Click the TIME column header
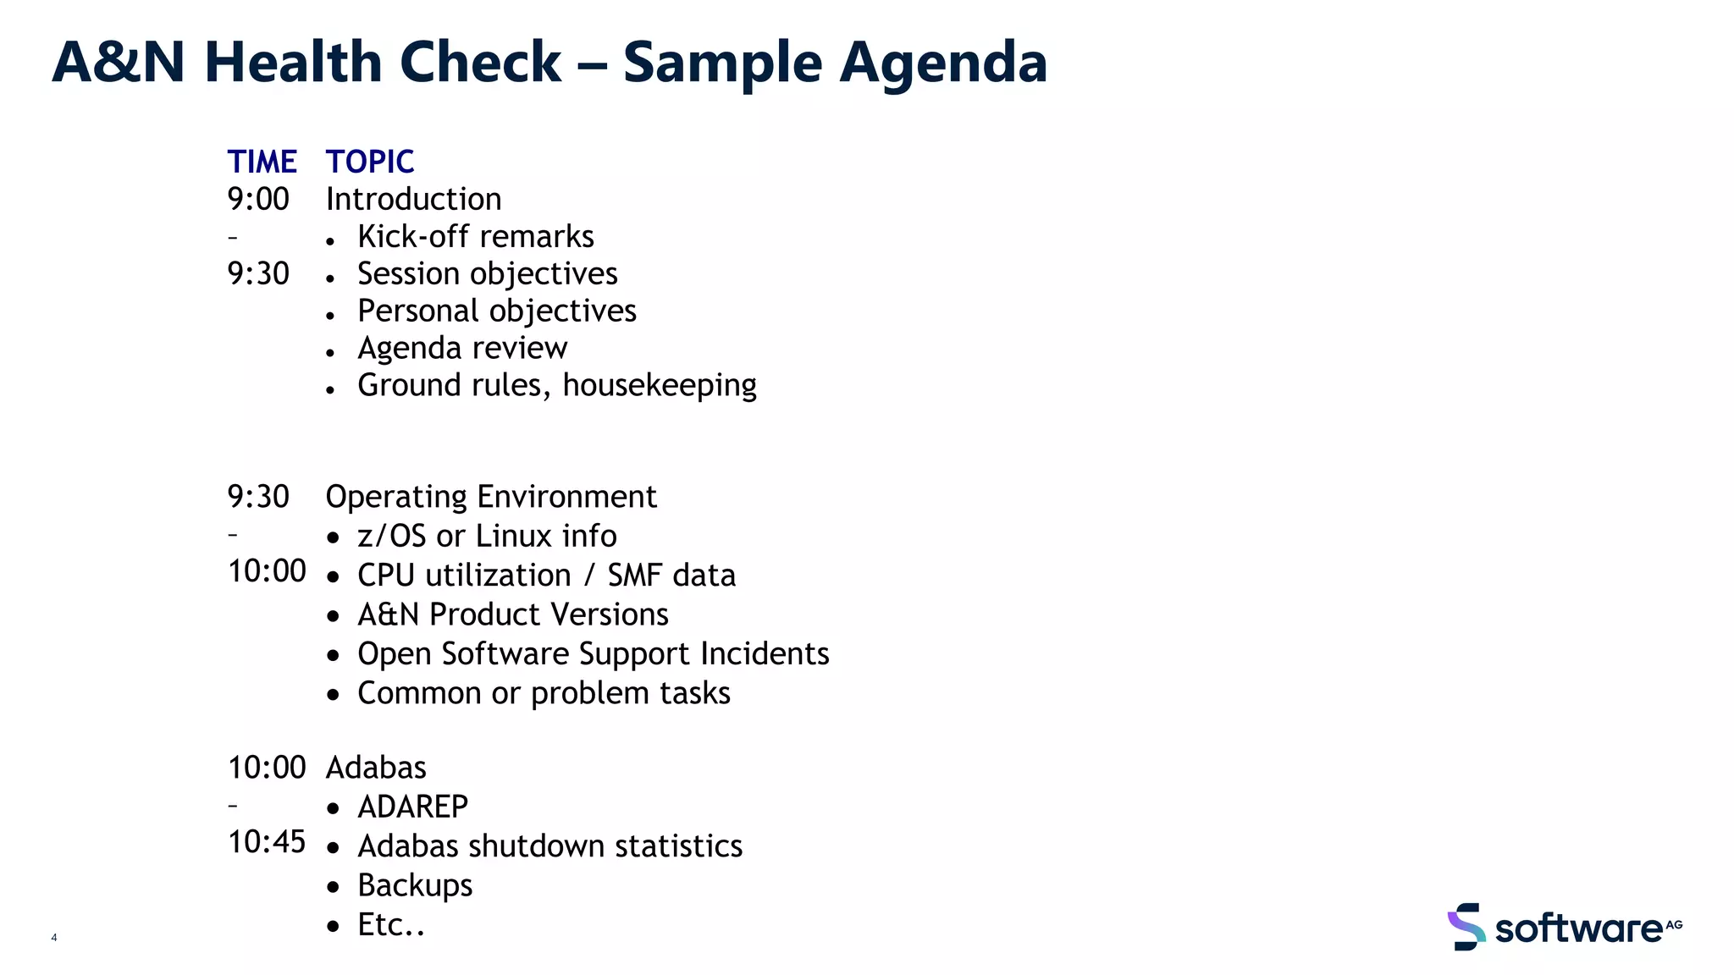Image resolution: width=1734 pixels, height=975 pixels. pos(262,162)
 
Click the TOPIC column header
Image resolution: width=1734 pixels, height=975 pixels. pos(370,162)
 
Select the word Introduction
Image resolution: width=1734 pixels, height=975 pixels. pos(413,200)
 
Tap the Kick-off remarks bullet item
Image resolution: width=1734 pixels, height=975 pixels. pos(475,237)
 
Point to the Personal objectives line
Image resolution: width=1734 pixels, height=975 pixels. pos(496,311)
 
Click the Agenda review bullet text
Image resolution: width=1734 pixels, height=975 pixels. pos(461,349)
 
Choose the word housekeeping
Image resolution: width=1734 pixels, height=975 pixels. pos(660,386)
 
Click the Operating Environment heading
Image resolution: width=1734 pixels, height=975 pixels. pos(491,497)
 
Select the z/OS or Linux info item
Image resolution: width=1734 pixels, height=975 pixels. pos(487,537)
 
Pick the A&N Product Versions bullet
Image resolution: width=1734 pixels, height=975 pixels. pos(512,614)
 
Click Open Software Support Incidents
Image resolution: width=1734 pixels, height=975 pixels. pos(593,654)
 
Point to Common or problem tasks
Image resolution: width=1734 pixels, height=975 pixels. pos(544,693)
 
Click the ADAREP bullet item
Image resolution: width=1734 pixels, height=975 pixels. pos(412,807)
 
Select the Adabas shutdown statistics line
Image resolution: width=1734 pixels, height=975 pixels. pos(549,846)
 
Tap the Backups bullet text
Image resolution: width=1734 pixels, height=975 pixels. pos(415,886)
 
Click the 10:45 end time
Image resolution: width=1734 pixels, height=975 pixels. pos(267,842)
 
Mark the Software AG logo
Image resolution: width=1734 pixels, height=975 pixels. pos(1564,928)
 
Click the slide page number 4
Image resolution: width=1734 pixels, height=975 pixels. pos(54,938)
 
